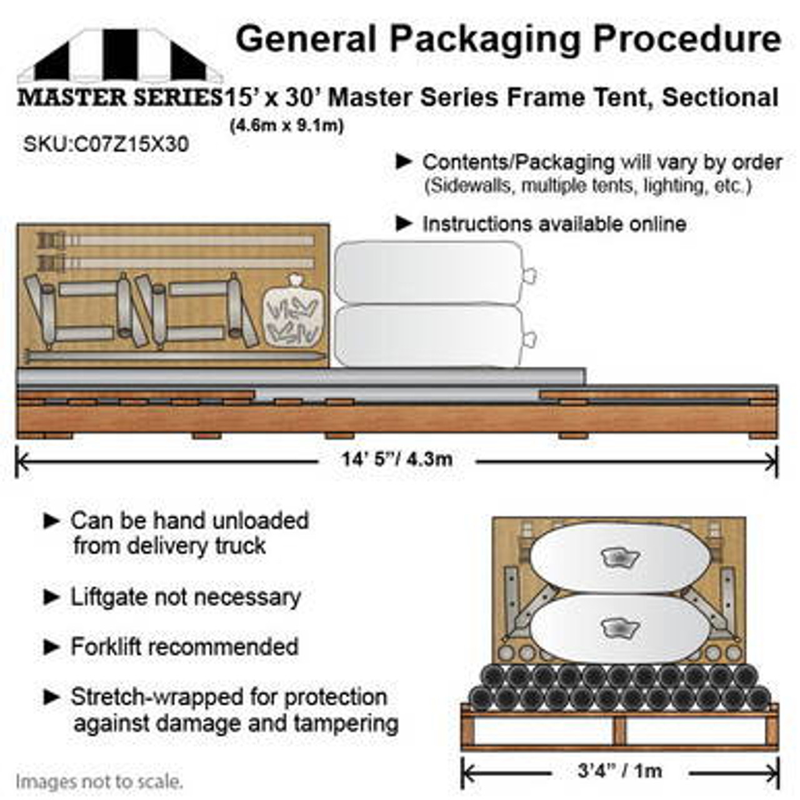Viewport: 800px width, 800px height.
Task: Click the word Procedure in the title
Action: tap(687, 39)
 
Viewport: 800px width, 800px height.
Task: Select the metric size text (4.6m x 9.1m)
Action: tap(287, 126)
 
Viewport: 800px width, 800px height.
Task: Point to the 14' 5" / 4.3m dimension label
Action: tap(397, 459)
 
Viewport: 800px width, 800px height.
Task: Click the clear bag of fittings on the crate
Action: tap(292, 312)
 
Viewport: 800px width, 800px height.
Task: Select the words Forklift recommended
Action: tap(184, 646)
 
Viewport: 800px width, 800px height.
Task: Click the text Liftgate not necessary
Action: tap(186, 597)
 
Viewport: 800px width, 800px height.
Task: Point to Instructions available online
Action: tap(554, 224)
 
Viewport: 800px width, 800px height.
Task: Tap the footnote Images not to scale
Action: tap(99, 781)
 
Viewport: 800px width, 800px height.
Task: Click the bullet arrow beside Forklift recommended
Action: tap(51, 647)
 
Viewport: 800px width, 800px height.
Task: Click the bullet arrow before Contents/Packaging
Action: tap(404, 162)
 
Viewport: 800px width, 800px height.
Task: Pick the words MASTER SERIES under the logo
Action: tap(119, 97)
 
